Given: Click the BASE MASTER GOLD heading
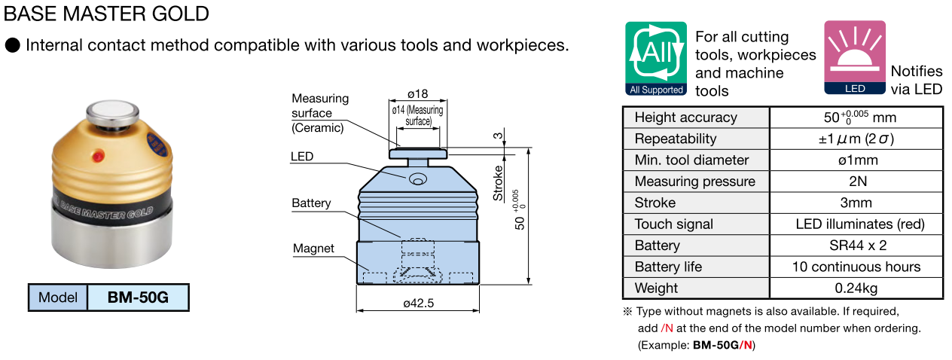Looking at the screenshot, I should (x=106, y=14).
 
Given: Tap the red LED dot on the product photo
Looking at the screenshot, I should (x=97, y=157).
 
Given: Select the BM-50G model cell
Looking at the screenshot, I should (x=137, y=297).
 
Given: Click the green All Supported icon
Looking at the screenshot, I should (x=655, y=59).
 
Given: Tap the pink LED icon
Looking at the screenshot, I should (x=854, y=59).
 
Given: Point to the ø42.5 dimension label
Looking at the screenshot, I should (x=419, y=303).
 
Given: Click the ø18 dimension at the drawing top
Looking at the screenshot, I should (x=417, y=94).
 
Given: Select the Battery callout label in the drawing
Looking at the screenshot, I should (x=311, y=203).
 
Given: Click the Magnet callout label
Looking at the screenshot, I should (x=313, y=249).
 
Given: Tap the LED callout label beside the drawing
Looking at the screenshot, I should (x=302, y=157).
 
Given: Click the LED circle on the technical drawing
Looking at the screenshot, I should (x=417, y=178).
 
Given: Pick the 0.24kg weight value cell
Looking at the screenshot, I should (x=856, y=288).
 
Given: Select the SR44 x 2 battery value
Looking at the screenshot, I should (x=856, y=245).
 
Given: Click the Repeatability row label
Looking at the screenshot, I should (x=676, y=139).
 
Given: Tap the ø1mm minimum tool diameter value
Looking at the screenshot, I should (x=856, y=160).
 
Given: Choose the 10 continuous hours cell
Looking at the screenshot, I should (x=856, y=267).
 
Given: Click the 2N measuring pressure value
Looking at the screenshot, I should (x=856, y=181).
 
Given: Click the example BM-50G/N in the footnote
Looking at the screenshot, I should (x=723, y=345).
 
